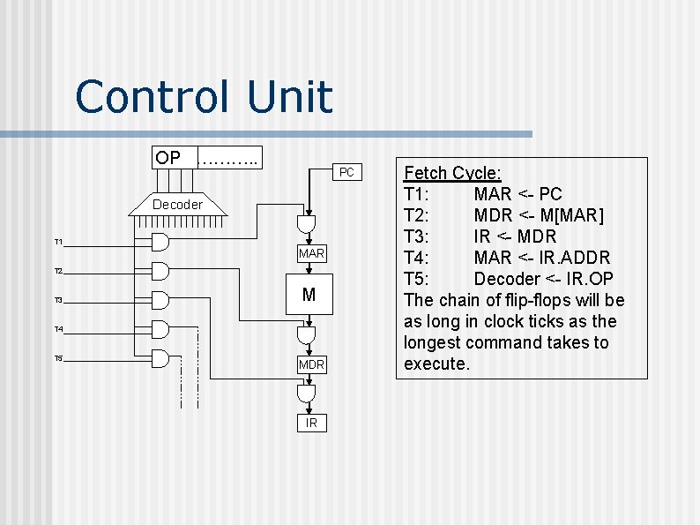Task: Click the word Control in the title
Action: [x=155, y=97]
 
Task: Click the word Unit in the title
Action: [x=290, y=97]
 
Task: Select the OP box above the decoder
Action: [x=168, y=158]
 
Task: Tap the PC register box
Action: [x=346, y=172]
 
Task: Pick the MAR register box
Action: [x=311, y=254]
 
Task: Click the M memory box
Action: [x=309, y=295]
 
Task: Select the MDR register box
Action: [x=311, y=364]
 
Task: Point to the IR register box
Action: [x=311, y=424]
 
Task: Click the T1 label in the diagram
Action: [x=58, y=242]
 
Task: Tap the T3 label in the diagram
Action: [x=58, y=301]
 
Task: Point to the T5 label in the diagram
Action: [x=58, y=359]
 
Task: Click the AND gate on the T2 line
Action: [x=160, y=270]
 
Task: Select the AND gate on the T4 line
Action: [x=160, y=329]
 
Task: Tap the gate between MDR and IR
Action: [x=306, y=394]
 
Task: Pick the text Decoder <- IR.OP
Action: [x=543, y=279]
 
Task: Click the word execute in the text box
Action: [x=436, y=364]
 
